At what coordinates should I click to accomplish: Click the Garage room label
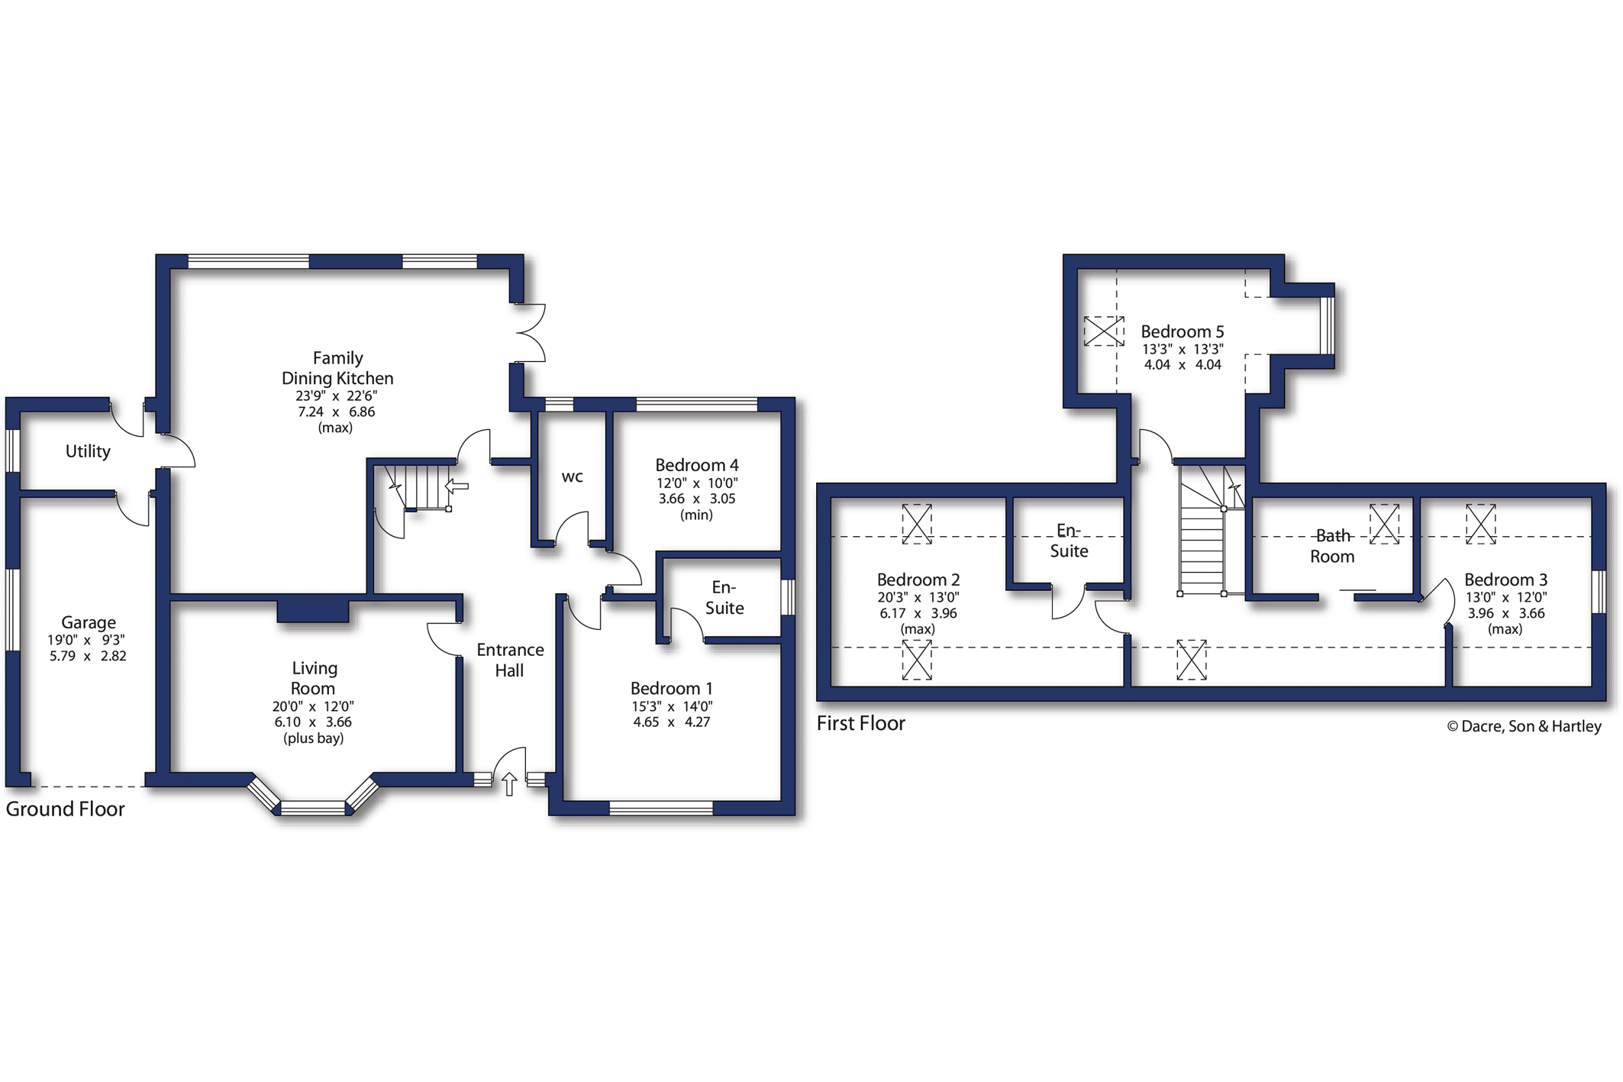point(89,622)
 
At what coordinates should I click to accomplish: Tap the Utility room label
point(88,451)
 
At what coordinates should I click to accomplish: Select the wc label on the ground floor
point(573,477)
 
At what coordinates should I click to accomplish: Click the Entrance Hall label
point(510,660)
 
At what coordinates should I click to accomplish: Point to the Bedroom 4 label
point(697,465)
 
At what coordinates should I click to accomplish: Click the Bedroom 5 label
point(1183,331)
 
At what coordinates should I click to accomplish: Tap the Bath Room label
point(1332,546)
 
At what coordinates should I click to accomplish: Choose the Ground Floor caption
point(65,809)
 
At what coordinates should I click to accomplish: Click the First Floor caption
point(861,723)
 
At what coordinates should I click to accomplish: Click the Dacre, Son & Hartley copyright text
point(1524,726)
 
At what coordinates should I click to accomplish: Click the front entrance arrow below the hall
point(509,784)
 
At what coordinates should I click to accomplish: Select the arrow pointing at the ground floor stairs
point(457,486)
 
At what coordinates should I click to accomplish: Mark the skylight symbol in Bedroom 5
point(1104,331)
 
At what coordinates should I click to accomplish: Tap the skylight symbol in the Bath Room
point(1384,523)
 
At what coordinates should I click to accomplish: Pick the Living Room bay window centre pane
point(313,807)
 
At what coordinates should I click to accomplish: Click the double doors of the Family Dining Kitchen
point(531,333)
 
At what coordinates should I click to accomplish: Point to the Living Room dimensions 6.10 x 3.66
point(313,722)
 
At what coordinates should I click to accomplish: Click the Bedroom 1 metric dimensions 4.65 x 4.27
point(672,722)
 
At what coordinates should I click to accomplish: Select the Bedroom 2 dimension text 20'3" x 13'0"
point(918,597)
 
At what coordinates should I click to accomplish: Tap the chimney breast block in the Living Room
point(313,611)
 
